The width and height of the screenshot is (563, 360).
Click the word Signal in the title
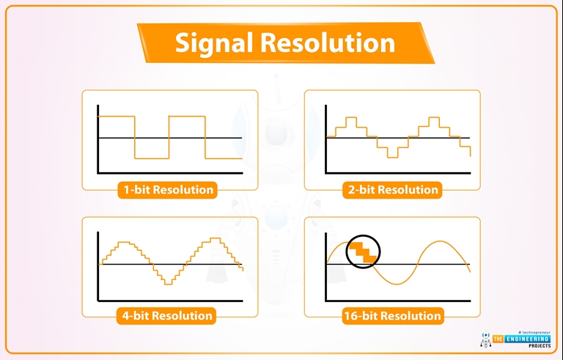pyautogui.click(x=215, y=43)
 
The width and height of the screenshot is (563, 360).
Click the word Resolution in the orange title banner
pyautogui.click(x=328, y=42)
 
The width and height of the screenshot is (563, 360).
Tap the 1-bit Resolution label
pyautogui.click(x=168, y=190)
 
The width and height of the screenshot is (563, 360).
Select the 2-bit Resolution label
pyautogui.click(x=393, y=190)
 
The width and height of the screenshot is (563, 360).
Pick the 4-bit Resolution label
pyautogui.click(x=167, y=316)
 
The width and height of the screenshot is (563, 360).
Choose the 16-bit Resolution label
pyautogui.click(x=392, y=316)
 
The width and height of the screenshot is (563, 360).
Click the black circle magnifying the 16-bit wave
pyautogui.click(x=363, y=235)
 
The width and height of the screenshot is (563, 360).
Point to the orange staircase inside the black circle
pyautogui.click(x=364, y=252)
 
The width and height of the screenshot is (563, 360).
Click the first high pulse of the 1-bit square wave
pyautogui.click(x=117, y=117)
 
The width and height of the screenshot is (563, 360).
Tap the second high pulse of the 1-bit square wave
pyautogui.click(x=187, y=117)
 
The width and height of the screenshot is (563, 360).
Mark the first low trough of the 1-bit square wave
pyautogui.click(x=152, y=158)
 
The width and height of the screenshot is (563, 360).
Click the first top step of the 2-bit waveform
pyautogui.click(x=351, y=117)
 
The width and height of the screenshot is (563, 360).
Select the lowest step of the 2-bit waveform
pyautogui.click(x=392, y=157)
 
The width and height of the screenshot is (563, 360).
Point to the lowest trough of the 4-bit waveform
pyautogui.click(x=168, y=284)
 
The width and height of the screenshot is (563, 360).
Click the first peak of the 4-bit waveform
pyautogui.click(x=124, y=243)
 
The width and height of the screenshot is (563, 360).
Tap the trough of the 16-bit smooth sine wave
pyautogui.click(x=397, y=284)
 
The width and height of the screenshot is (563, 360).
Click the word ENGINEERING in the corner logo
pyautogui.click(x=527, y=339)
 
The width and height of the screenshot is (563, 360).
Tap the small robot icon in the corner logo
pyautogui.click(x=485, y=339)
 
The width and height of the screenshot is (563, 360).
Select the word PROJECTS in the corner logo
pyautogui.click(x=540, y=345)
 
